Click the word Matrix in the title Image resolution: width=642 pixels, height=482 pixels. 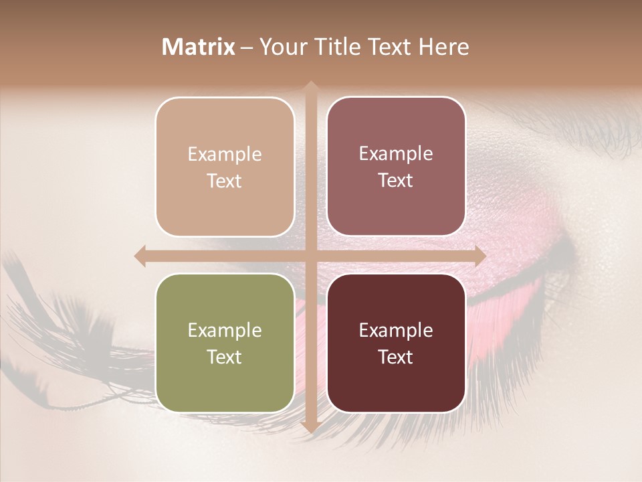199,47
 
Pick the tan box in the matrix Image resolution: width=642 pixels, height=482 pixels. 225,167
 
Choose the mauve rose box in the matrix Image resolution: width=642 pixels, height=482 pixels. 396,167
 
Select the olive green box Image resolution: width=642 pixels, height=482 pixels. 225,343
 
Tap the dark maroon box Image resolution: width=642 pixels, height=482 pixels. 396,343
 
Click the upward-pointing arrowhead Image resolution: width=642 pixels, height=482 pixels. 310,86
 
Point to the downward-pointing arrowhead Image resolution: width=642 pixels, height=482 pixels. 310,427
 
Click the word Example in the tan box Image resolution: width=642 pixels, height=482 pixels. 225,154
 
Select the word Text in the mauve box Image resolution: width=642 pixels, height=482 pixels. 396,181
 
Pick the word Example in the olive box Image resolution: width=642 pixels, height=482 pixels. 225,330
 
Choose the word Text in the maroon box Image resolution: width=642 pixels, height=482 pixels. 396,357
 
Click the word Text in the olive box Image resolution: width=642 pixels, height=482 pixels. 225,357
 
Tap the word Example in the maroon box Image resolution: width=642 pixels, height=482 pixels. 396,330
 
